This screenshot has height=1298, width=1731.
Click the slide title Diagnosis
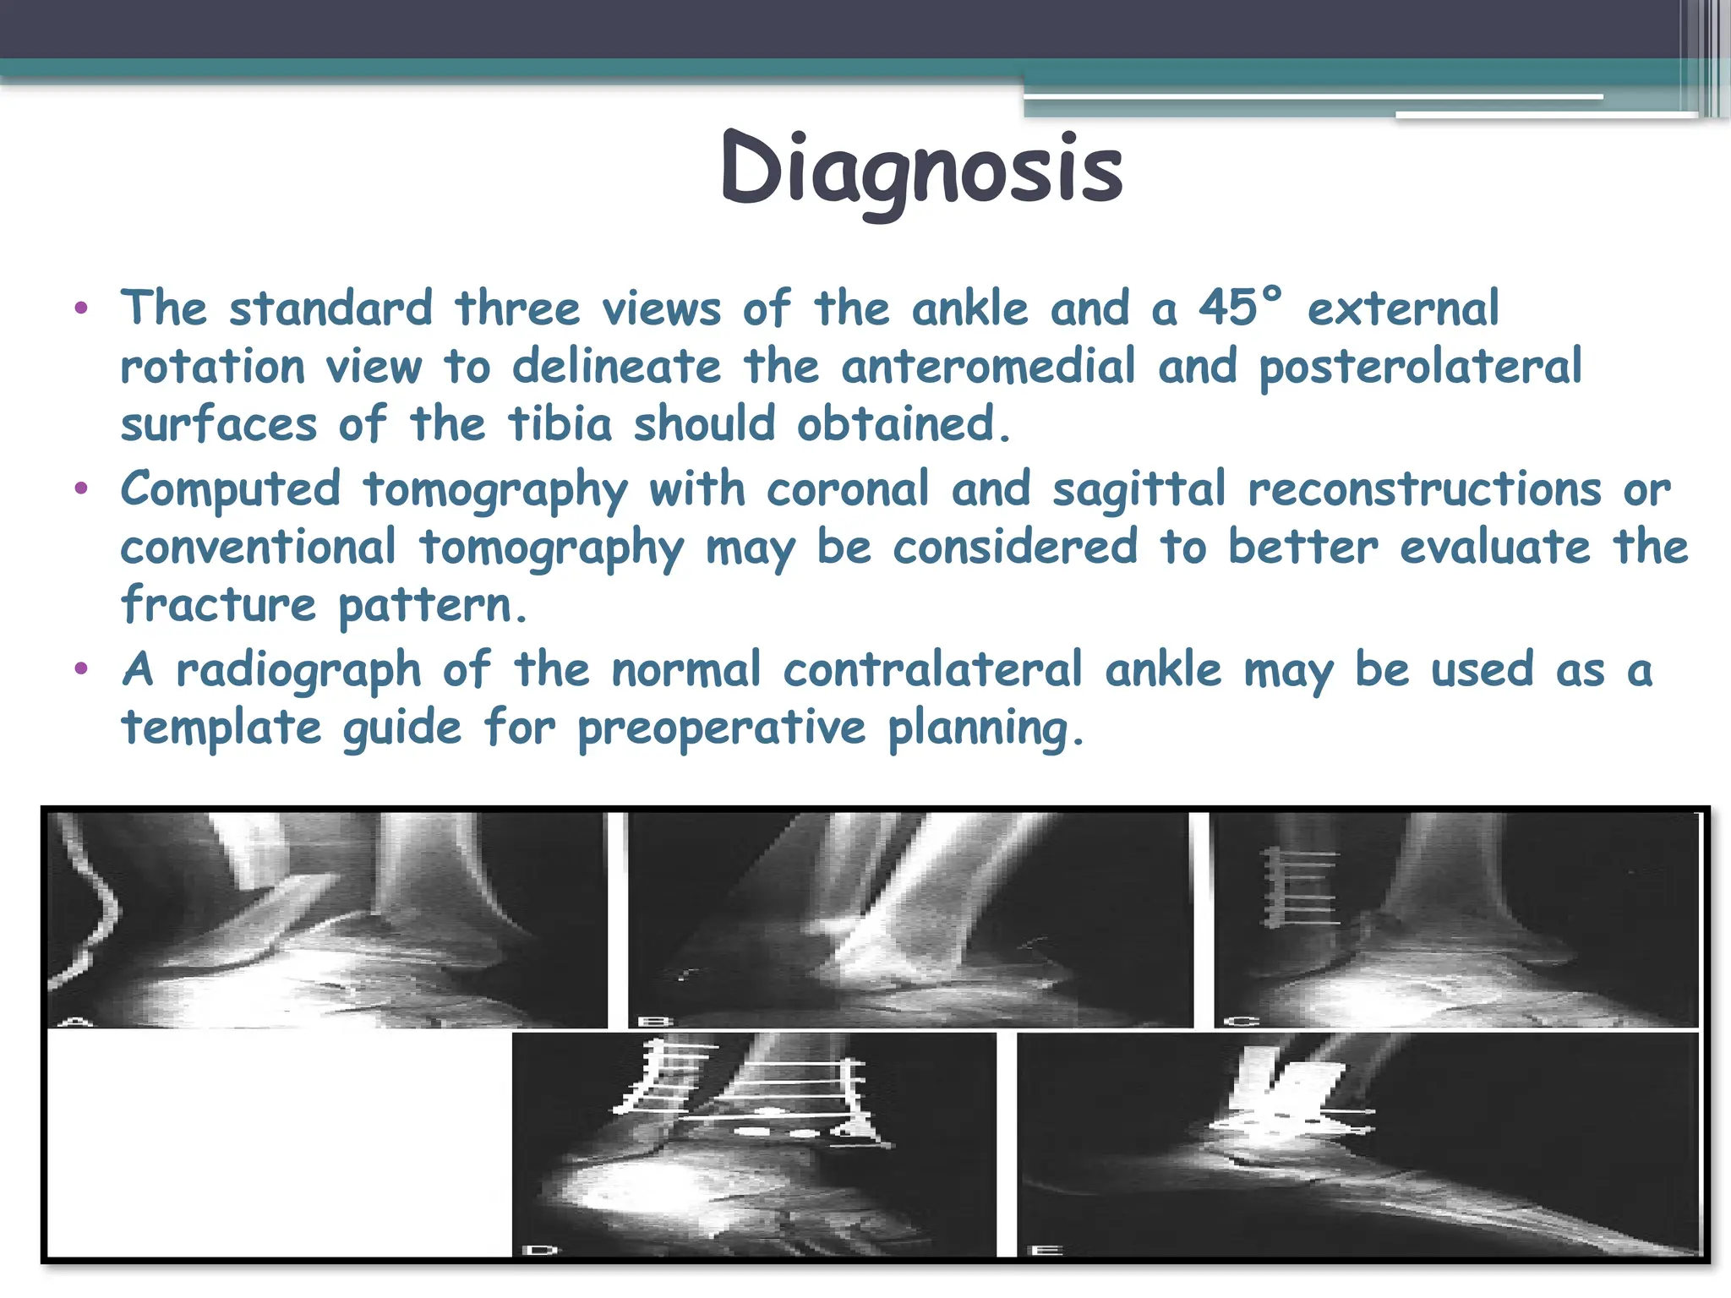click(921, 169)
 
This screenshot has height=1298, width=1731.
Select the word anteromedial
click(988, 367)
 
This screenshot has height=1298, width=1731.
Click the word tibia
click(560, 423)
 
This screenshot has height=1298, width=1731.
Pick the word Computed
click(231, 490)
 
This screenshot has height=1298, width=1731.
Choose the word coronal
click(847, 490)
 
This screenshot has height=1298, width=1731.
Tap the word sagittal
click(1139, 490)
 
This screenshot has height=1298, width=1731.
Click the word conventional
click(258, 547)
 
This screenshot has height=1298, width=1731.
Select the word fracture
click(218, 604)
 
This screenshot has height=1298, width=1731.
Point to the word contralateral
click(932, 670)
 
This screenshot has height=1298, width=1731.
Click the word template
click(221, 728)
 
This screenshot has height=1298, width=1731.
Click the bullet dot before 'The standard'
click(81, 308)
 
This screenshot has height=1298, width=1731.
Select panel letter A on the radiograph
click(78, 1022)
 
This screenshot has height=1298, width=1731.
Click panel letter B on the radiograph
click(656, 1022)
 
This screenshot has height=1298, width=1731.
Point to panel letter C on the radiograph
click(1241, 1022)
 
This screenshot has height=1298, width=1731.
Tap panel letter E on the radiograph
click(1046, 1249)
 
